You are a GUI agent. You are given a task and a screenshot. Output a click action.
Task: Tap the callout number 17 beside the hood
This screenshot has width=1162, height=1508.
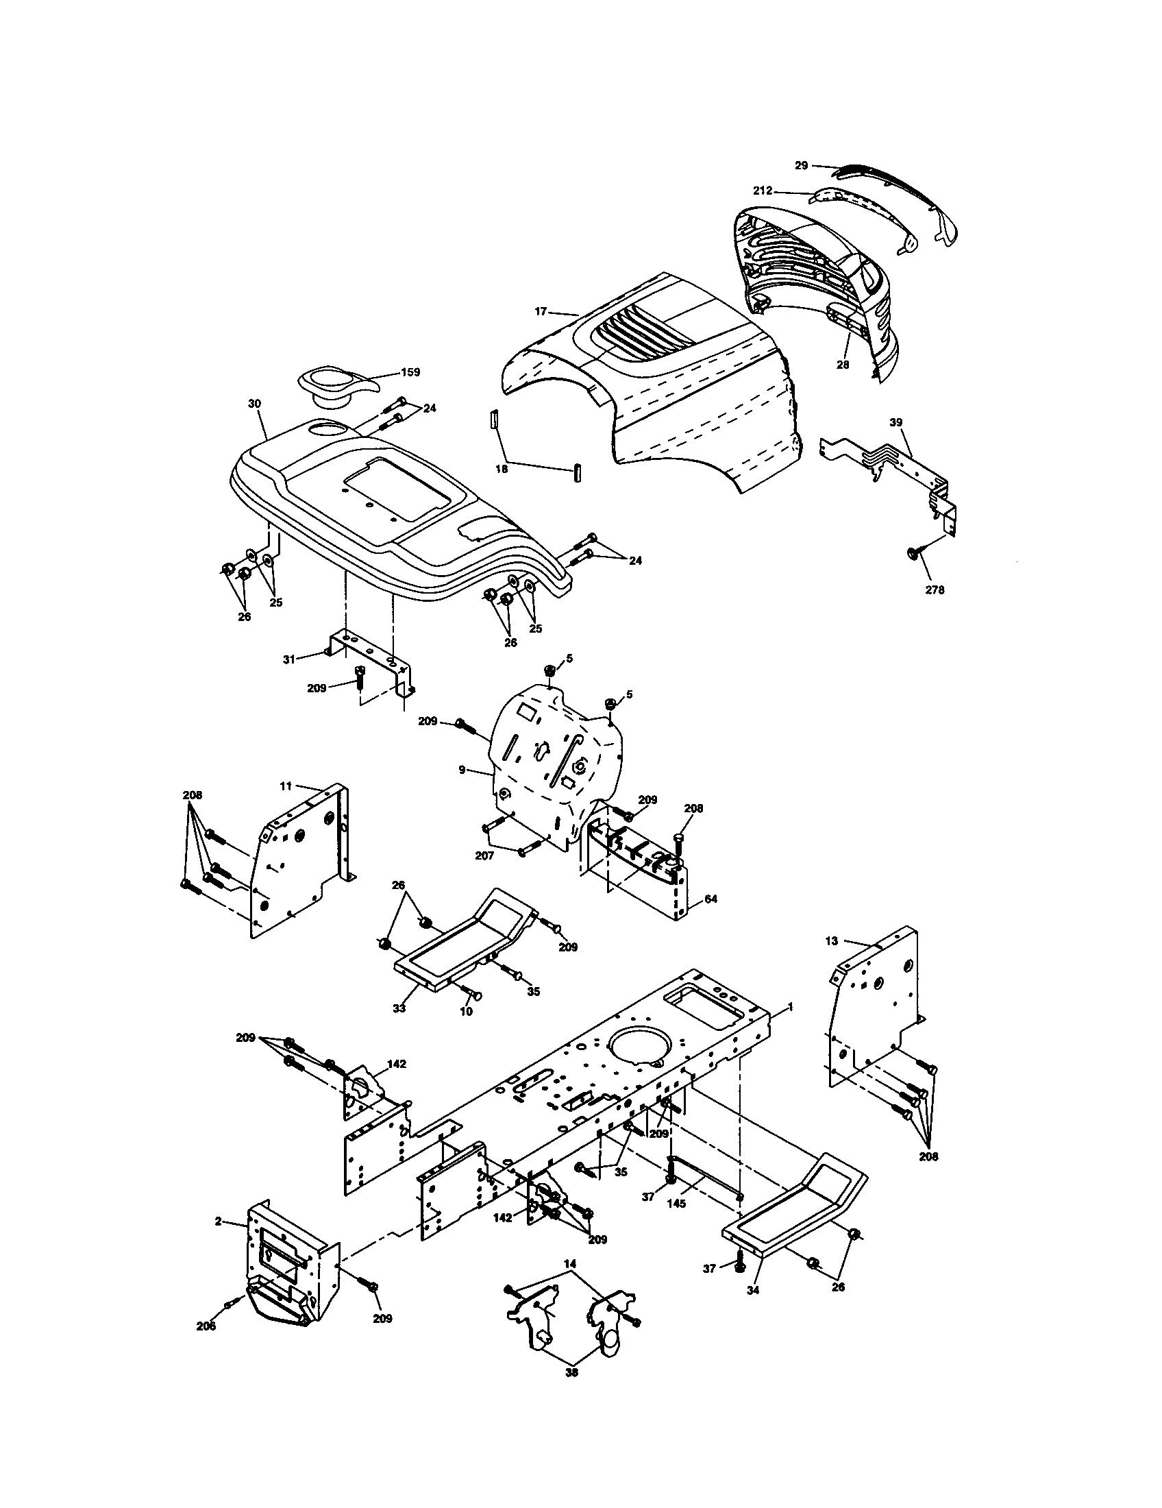[541, 311]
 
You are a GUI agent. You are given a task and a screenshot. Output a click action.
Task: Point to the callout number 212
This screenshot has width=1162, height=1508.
[763, 191]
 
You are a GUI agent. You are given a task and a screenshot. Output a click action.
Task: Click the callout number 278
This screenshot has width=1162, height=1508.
[935, 590]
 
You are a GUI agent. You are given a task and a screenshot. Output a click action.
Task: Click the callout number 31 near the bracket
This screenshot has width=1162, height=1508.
[288, 659]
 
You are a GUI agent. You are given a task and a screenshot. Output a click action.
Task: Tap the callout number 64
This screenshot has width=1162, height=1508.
[711, 899]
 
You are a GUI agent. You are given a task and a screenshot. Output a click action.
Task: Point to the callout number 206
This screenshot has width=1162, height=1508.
[206, 1326]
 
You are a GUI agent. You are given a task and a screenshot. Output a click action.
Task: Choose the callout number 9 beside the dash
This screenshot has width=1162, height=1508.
[462, 768]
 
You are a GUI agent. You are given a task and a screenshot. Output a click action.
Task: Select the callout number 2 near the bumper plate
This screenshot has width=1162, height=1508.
[218, 1221]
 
